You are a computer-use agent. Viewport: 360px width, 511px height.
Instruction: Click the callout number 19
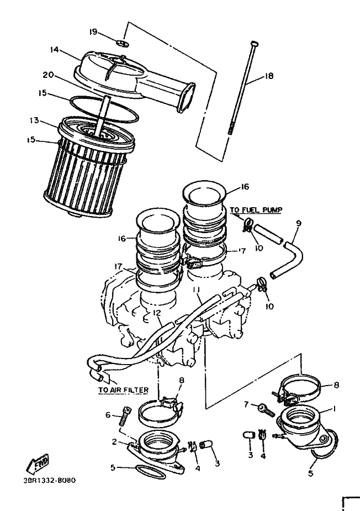[x=93, y=31]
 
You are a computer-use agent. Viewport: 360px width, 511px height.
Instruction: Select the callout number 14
[x=54, y=50]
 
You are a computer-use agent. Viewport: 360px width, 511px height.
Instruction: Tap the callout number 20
[x=48, y=75]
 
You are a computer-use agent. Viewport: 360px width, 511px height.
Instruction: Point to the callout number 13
[x=34, y=120]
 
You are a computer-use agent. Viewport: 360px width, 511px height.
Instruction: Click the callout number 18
[x=269, y=76]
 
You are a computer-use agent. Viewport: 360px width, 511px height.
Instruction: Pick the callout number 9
[x=298, y=224]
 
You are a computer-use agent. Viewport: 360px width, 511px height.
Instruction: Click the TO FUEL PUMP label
[x=256, y=209]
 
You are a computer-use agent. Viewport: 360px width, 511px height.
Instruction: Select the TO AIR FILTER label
[x=124, y=390]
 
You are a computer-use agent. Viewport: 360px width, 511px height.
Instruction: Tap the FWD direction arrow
[x=39, y=463]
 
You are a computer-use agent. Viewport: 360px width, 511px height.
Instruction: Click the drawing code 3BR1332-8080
[x=50, y=481]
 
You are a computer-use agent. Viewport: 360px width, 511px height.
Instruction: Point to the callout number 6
[x=108, y=415]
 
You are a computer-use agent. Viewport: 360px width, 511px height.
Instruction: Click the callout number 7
[x=246, y=404]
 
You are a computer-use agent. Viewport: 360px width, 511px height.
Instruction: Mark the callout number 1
[x=333, y=409]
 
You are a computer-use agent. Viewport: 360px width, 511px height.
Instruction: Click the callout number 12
[x=157, y=313]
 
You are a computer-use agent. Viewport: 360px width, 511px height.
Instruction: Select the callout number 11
[x=196, y=289]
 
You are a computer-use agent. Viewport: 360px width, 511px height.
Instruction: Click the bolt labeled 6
[x=125, y=416]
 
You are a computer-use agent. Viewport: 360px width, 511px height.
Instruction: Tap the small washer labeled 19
[x=122, y=42]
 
